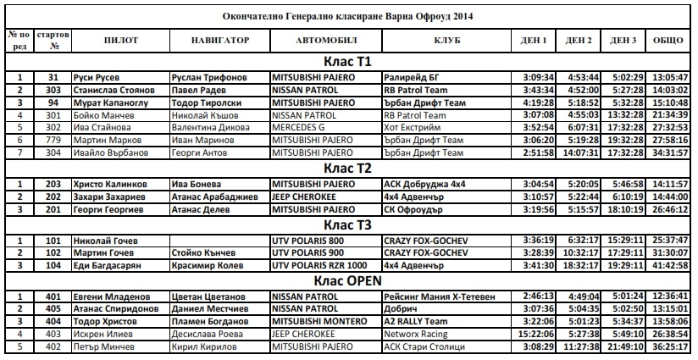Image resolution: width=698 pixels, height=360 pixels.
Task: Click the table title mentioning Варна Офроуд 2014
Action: click(x=348, y=16)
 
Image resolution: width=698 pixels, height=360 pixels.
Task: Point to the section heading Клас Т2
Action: click(x=348, y=167)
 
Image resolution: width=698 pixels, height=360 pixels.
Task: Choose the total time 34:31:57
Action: click(x=670, y=153)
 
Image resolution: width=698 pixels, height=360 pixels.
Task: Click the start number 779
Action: click(x=53, y=141)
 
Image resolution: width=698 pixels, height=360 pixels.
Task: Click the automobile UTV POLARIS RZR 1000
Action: click(x=320, y=265)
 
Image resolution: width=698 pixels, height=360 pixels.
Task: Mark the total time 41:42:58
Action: click(x=670, y=265)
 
